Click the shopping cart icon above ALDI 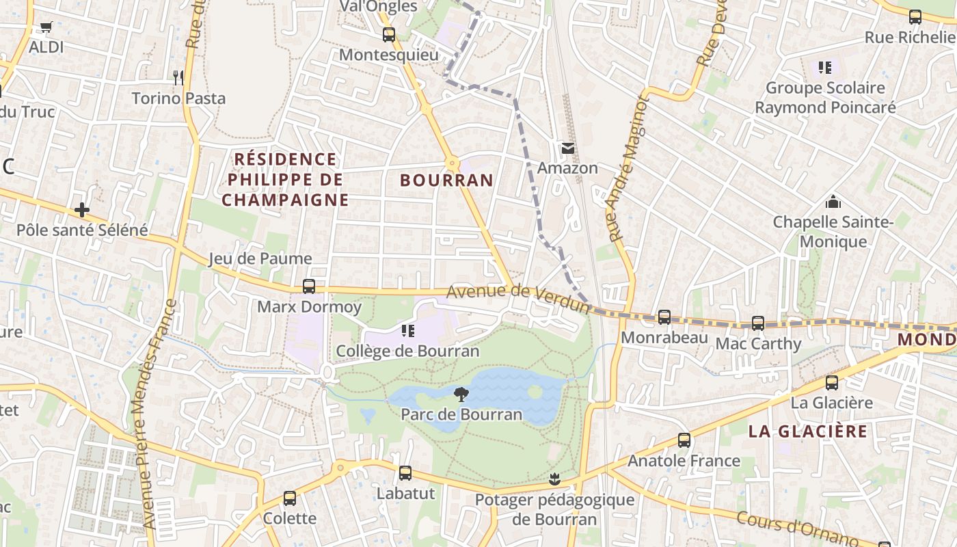pyautogui.click(x=46, y=27)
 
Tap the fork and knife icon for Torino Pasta pyautogui.click(x=178, y=77)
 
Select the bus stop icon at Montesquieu pyautogui.click(x=389, y=34)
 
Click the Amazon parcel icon pyautogui.click(x=567, y=148)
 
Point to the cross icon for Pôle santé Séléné pyautogui.click(x=82, y=209)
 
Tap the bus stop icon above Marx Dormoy pyautogui.click(x=309, y=286)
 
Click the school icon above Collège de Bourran pyautogui.click(x=408, y=331)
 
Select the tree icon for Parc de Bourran pyautogui.click(x=461, y=394)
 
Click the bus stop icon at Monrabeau pyautogui.click(x=664, y=317)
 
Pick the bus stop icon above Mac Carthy pyautogui.click(x=758, y=323)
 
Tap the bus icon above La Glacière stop pyautogui.click(x=832, y=383)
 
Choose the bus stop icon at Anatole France pyautogui.click(x=684, y=440)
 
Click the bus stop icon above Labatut pyautogui.click(x=405, y=473)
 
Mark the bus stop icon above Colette pyautogui.click(x=290, y=498)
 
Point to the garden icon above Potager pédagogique pyautogui.click(x=554, y=479)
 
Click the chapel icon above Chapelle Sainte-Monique pyautogui.click(x=833, y=202)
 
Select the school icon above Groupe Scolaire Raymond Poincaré pyautogui.click(x=825, y=68)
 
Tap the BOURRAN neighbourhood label pyautogui.click(x=446, y=181)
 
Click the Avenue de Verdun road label pyautogui.click(x=517, y=299)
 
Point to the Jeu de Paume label pyautogui.click(x=260, y=258)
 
